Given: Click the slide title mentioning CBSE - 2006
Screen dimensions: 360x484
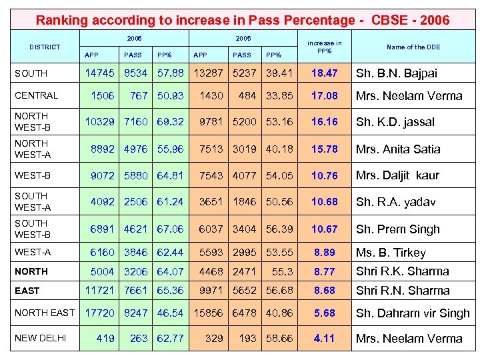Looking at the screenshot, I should coord(242,20).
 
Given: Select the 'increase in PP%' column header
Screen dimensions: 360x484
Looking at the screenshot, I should coord(325,47).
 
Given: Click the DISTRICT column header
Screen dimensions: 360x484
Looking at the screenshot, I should coord(44,47).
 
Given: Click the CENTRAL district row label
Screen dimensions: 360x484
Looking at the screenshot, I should coord(37,95).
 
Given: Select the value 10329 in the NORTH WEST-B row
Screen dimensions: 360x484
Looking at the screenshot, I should coord(100,122).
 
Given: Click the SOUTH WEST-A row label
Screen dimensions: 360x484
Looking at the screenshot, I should coord(32,201).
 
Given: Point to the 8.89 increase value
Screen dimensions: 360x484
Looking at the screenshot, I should coord(325,253).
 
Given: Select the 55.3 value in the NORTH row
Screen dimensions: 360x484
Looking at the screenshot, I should coord(282,271).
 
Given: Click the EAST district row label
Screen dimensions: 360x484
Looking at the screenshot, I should coord(27,291).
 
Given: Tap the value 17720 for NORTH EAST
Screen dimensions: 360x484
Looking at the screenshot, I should coord(100,313).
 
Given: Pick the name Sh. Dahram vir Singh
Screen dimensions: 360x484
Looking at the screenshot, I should coord(413,313).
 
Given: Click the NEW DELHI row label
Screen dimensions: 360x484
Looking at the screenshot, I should coord(41,338).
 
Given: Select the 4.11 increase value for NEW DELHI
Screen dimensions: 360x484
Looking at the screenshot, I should coord(325,338).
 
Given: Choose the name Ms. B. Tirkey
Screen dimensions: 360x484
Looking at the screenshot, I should coord(391,253).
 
